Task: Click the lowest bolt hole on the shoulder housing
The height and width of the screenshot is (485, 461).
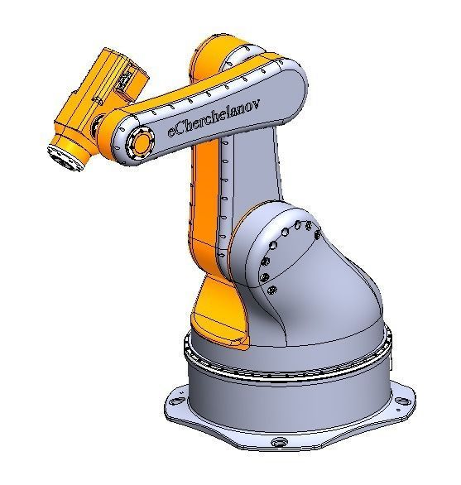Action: tap(272, 289)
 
